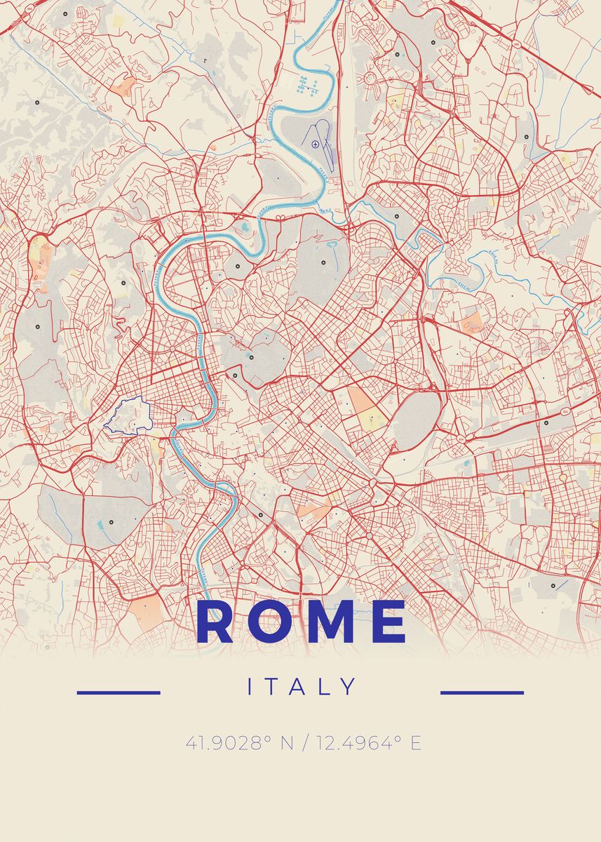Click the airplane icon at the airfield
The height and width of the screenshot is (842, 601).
(316, 144)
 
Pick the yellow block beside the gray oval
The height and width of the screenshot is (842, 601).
(374, 420)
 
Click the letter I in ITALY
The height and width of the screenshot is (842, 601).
(250, 687)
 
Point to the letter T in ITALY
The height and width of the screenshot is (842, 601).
(274, 687)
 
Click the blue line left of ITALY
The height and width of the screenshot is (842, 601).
(119, 693)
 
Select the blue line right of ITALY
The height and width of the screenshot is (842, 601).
(482, 693)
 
